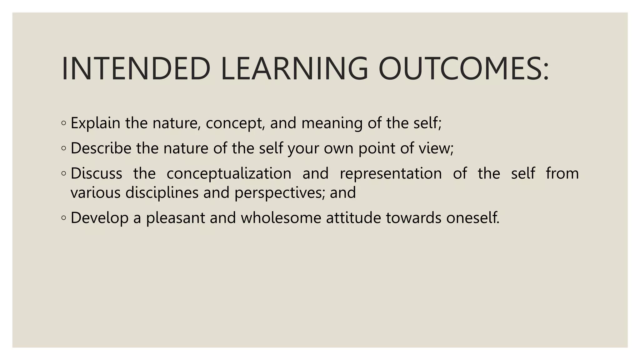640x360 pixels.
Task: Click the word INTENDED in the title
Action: click(136, 69)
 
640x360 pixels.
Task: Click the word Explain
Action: click(95, 123)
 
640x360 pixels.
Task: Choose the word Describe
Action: click(101, 148)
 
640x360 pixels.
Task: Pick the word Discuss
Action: click(96, 173)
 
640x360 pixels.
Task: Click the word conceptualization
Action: click(229, 174)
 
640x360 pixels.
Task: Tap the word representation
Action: click(391, 174)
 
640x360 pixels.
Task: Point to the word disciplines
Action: click(162, 193)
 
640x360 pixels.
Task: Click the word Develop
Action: click(99, 218)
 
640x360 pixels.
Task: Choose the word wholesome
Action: click(281, 218)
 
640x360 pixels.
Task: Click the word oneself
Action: click(472, 218)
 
